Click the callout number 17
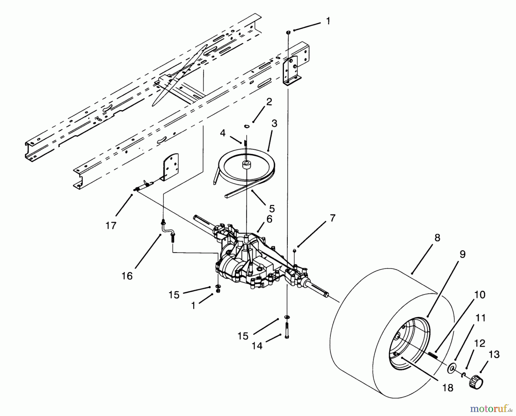111,226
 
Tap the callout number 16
127,276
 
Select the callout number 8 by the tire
437,238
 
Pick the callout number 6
269,219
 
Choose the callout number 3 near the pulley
274,124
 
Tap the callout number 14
257,346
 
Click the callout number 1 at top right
328,21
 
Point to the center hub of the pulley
246,165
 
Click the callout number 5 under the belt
272,208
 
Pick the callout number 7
332,218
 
